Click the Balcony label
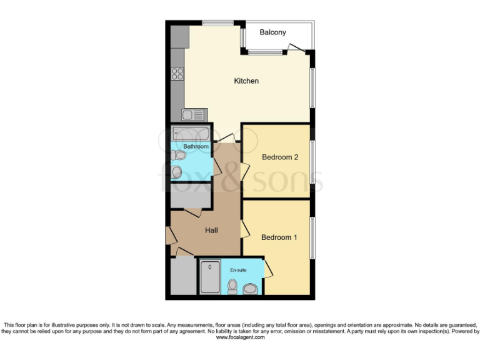pyautogui.click(x=272, y=32)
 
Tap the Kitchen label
pyautogui.click(x=246, y=81)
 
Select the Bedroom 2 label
pyautogui.click(x=279, y=157)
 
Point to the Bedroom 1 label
pyautogui.click(x=279, y=237)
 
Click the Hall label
pyautogui.click(x=211, y=231)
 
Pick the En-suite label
pyautogui.click(x=238, y=269)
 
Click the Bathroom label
pyautogui.click(x=196, y=146)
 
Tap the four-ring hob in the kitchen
pyautogui.click(x=177, y=74)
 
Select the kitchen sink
pyautogui.click(x=193, y=114)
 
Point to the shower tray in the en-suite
pyautogui.click(x=209, y=277)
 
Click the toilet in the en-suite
pyautogui.click(x=233, y=287)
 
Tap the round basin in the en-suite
pyautogui.click(x=251, y=289)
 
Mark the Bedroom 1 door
pyautogui.click(x=244, y=227)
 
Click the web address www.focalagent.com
pyautogui.click(x=240, y=337)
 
